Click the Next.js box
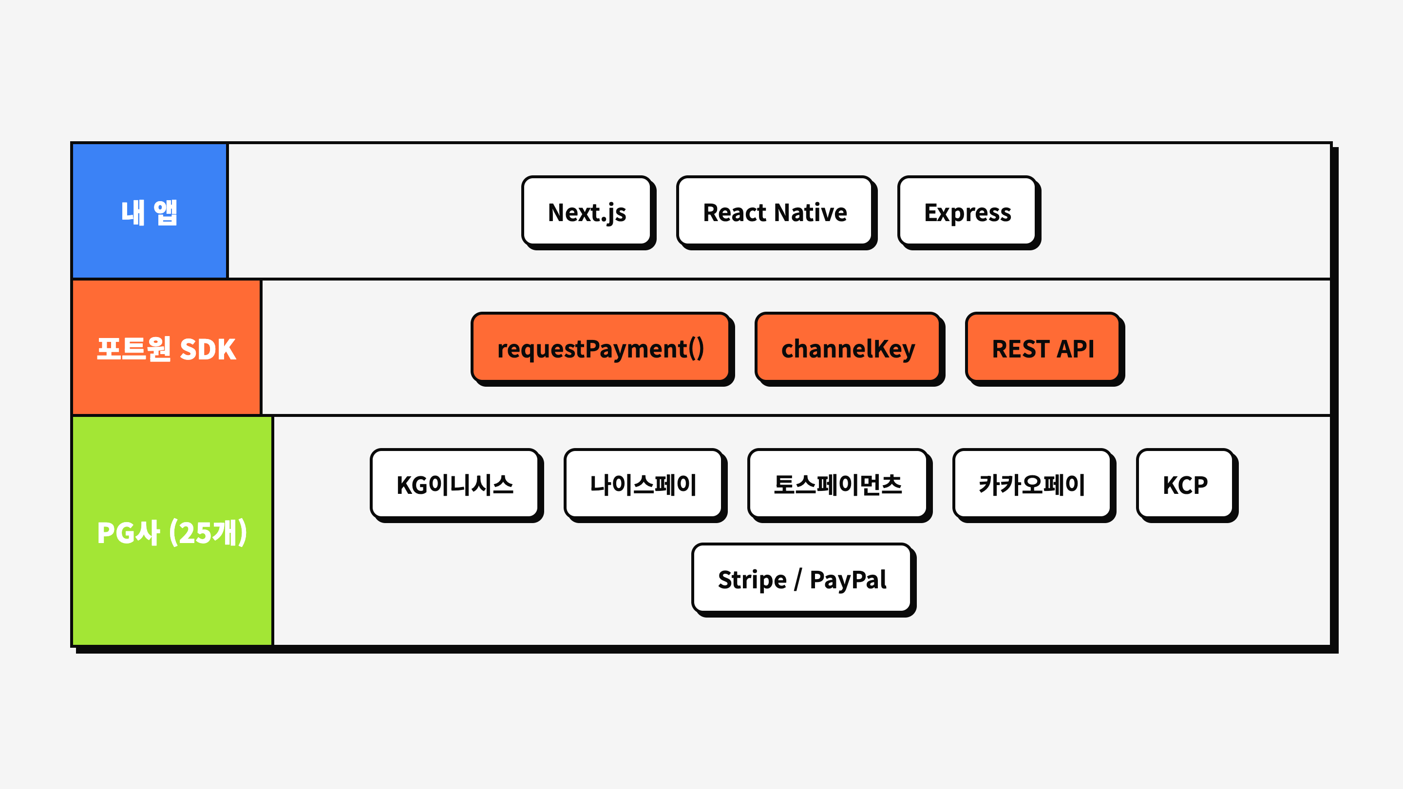(587, 211)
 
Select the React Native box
(775, 211)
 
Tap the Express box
(967, 211)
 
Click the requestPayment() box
(600, 348)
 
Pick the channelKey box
(848, 348)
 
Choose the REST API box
(1043, 348)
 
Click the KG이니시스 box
(455, 484)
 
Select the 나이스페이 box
(643, 484)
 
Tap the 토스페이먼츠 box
(838, 484)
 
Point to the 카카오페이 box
(1032, 484)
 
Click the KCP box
(1185, 484)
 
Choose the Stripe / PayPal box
(802, 578)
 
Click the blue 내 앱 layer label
(149, 211)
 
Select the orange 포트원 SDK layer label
(166, 348)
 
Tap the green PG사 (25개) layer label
(171, 531)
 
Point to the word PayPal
(848, 579)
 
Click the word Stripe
(752, 579)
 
